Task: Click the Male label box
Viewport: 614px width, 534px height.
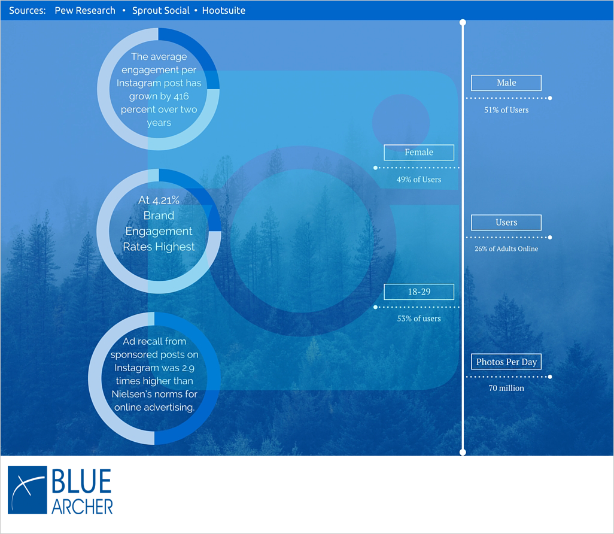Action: (506, 83)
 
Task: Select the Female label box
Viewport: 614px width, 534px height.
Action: (419, 153)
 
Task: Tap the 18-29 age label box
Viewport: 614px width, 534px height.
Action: (419, 292)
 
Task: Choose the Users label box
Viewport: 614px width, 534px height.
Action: (506, 223)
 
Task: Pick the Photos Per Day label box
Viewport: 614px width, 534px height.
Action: (506, 362)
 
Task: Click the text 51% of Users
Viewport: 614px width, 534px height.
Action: (506, 110)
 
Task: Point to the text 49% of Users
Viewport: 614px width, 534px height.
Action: (418, 180)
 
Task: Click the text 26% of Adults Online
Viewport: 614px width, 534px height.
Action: (506, 249)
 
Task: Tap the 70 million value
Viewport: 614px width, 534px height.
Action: (506, 388)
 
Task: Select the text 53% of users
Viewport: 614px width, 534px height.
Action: (418, 318)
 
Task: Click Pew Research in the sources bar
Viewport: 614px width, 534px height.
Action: (85, 11)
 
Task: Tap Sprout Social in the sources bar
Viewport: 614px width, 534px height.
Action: (160, 11)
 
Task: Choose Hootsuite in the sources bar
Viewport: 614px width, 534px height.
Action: (224, 11)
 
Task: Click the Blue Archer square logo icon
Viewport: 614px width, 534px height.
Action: (28, 490)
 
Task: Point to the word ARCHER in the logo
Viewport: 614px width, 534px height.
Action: (82, 507)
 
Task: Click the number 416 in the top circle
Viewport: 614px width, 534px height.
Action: (181, 96)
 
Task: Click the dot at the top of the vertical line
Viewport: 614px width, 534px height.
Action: (463, 22)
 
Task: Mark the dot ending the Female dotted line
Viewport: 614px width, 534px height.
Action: (376, 168)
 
